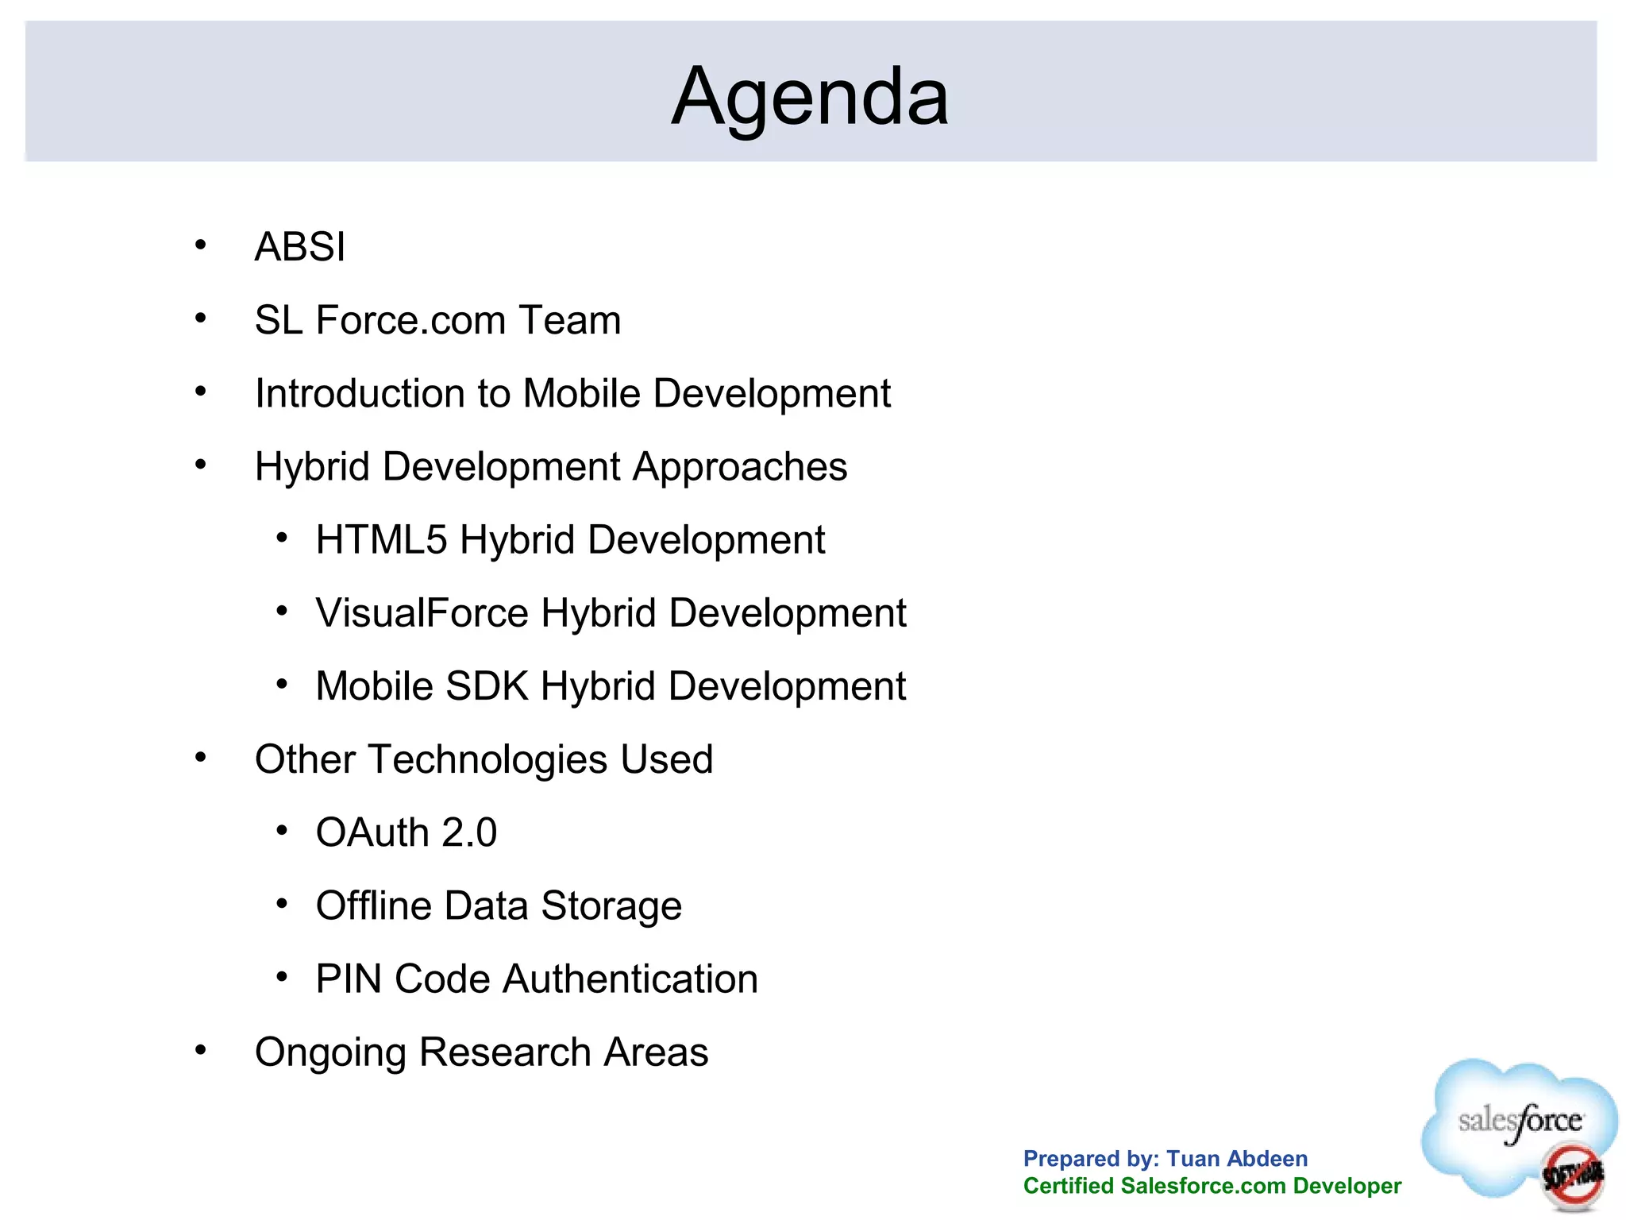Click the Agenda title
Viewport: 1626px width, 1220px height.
[810, 97]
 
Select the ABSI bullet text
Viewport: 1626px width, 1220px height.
[300, 247]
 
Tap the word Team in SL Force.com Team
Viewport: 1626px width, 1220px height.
[569, 320]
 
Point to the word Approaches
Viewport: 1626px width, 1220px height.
[740, 467]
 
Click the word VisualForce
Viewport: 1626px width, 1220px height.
[422, 613]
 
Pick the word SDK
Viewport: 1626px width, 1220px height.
[487, 686]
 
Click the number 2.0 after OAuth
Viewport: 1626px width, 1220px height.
[469, 833]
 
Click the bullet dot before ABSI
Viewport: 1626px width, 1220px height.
[201, 245]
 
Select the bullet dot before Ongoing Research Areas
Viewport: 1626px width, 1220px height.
[201, 1051]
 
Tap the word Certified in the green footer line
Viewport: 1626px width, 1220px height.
[1069, 1186]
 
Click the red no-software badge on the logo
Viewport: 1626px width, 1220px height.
[1571, 1174]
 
